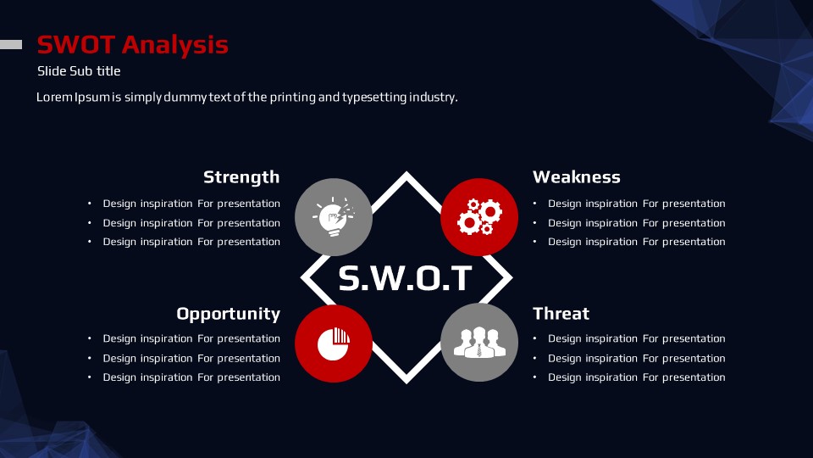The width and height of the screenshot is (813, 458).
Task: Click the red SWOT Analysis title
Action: tap(133, 45)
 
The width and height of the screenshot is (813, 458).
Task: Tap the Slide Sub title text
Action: tap(79, 71)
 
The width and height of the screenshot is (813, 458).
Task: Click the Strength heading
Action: tap(241, 177)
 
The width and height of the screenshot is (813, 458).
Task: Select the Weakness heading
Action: tap(577, 177)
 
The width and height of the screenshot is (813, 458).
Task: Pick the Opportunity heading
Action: tap(228, 314)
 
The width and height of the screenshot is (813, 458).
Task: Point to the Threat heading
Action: tap(561, 314)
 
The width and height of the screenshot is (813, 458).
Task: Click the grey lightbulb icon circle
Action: tap(334, 217)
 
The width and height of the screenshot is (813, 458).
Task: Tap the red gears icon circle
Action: tap(479, 217)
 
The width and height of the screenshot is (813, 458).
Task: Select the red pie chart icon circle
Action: tap(334, 343)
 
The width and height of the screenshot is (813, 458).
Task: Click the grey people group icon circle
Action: tap(479, 343)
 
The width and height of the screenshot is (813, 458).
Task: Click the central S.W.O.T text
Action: tap(406, 278)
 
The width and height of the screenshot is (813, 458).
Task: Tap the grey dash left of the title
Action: tap(11, 45)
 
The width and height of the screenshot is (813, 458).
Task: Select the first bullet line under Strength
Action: tap(191, 204)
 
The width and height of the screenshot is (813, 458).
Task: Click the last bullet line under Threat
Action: tap(637, 377)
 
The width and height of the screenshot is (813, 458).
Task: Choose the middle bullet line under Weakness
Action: tap(637, 223)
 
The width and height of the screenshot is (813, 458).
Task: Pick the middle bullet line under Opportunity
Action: tap(191, 358)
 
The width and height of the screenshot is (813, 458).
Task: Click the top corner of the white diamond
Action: tap(406, 173)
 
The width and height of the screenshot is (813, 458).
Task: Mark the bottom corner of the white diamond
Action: tap(406, 383)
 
